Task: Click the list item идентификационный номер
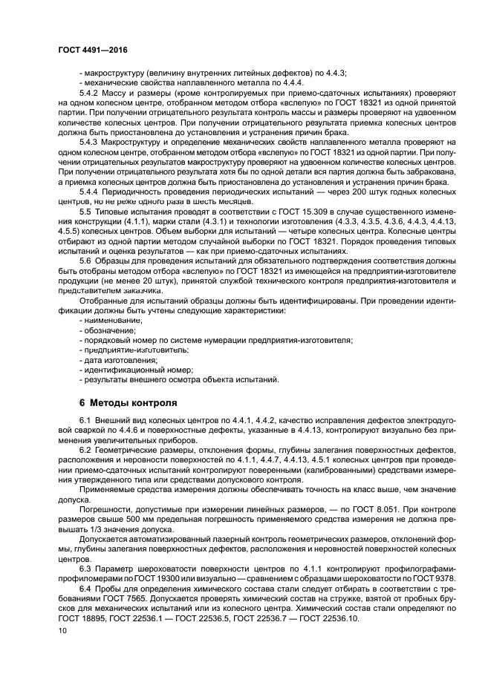click(137, 370)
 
